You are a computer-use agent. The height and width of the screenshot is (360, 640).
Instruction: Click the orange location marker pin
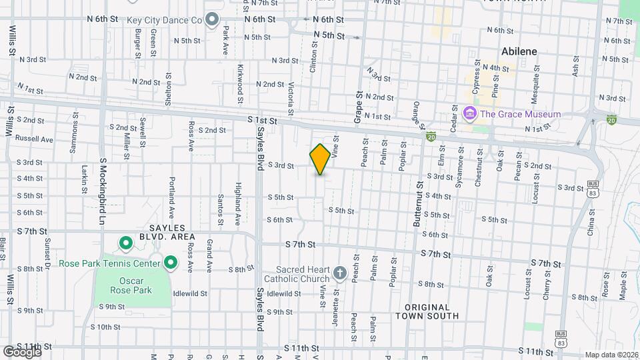point(320,159)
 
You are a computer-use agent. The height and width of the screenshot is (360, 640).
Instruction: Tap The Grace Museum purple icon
point(470,113)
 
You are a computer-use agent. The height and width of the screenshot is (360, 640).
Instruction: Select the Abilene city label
point(519,51)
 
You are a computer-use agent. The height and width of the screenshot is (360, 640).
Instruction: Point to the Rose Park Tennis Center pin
point(170,263)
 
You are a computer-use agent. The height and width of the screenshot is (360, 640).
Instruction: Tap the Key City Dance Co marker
point(213,20)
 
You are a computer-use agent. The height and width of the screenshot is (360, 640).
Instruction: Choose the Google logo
point(22,351)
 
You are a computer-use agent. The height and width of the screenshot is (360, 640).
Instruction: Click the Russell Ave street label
point(34,139)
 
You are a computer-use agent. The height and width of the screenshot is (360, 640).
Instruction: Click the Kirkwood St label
point(240,84)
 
